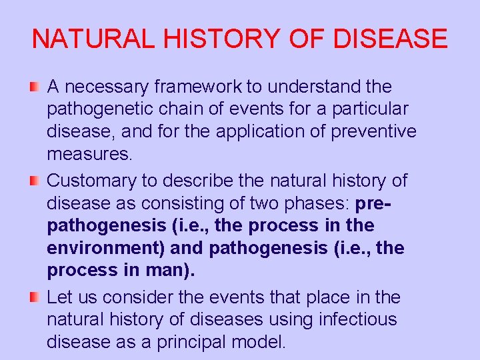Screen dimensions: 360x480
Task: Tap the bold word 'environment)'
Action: click(107, 249)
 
